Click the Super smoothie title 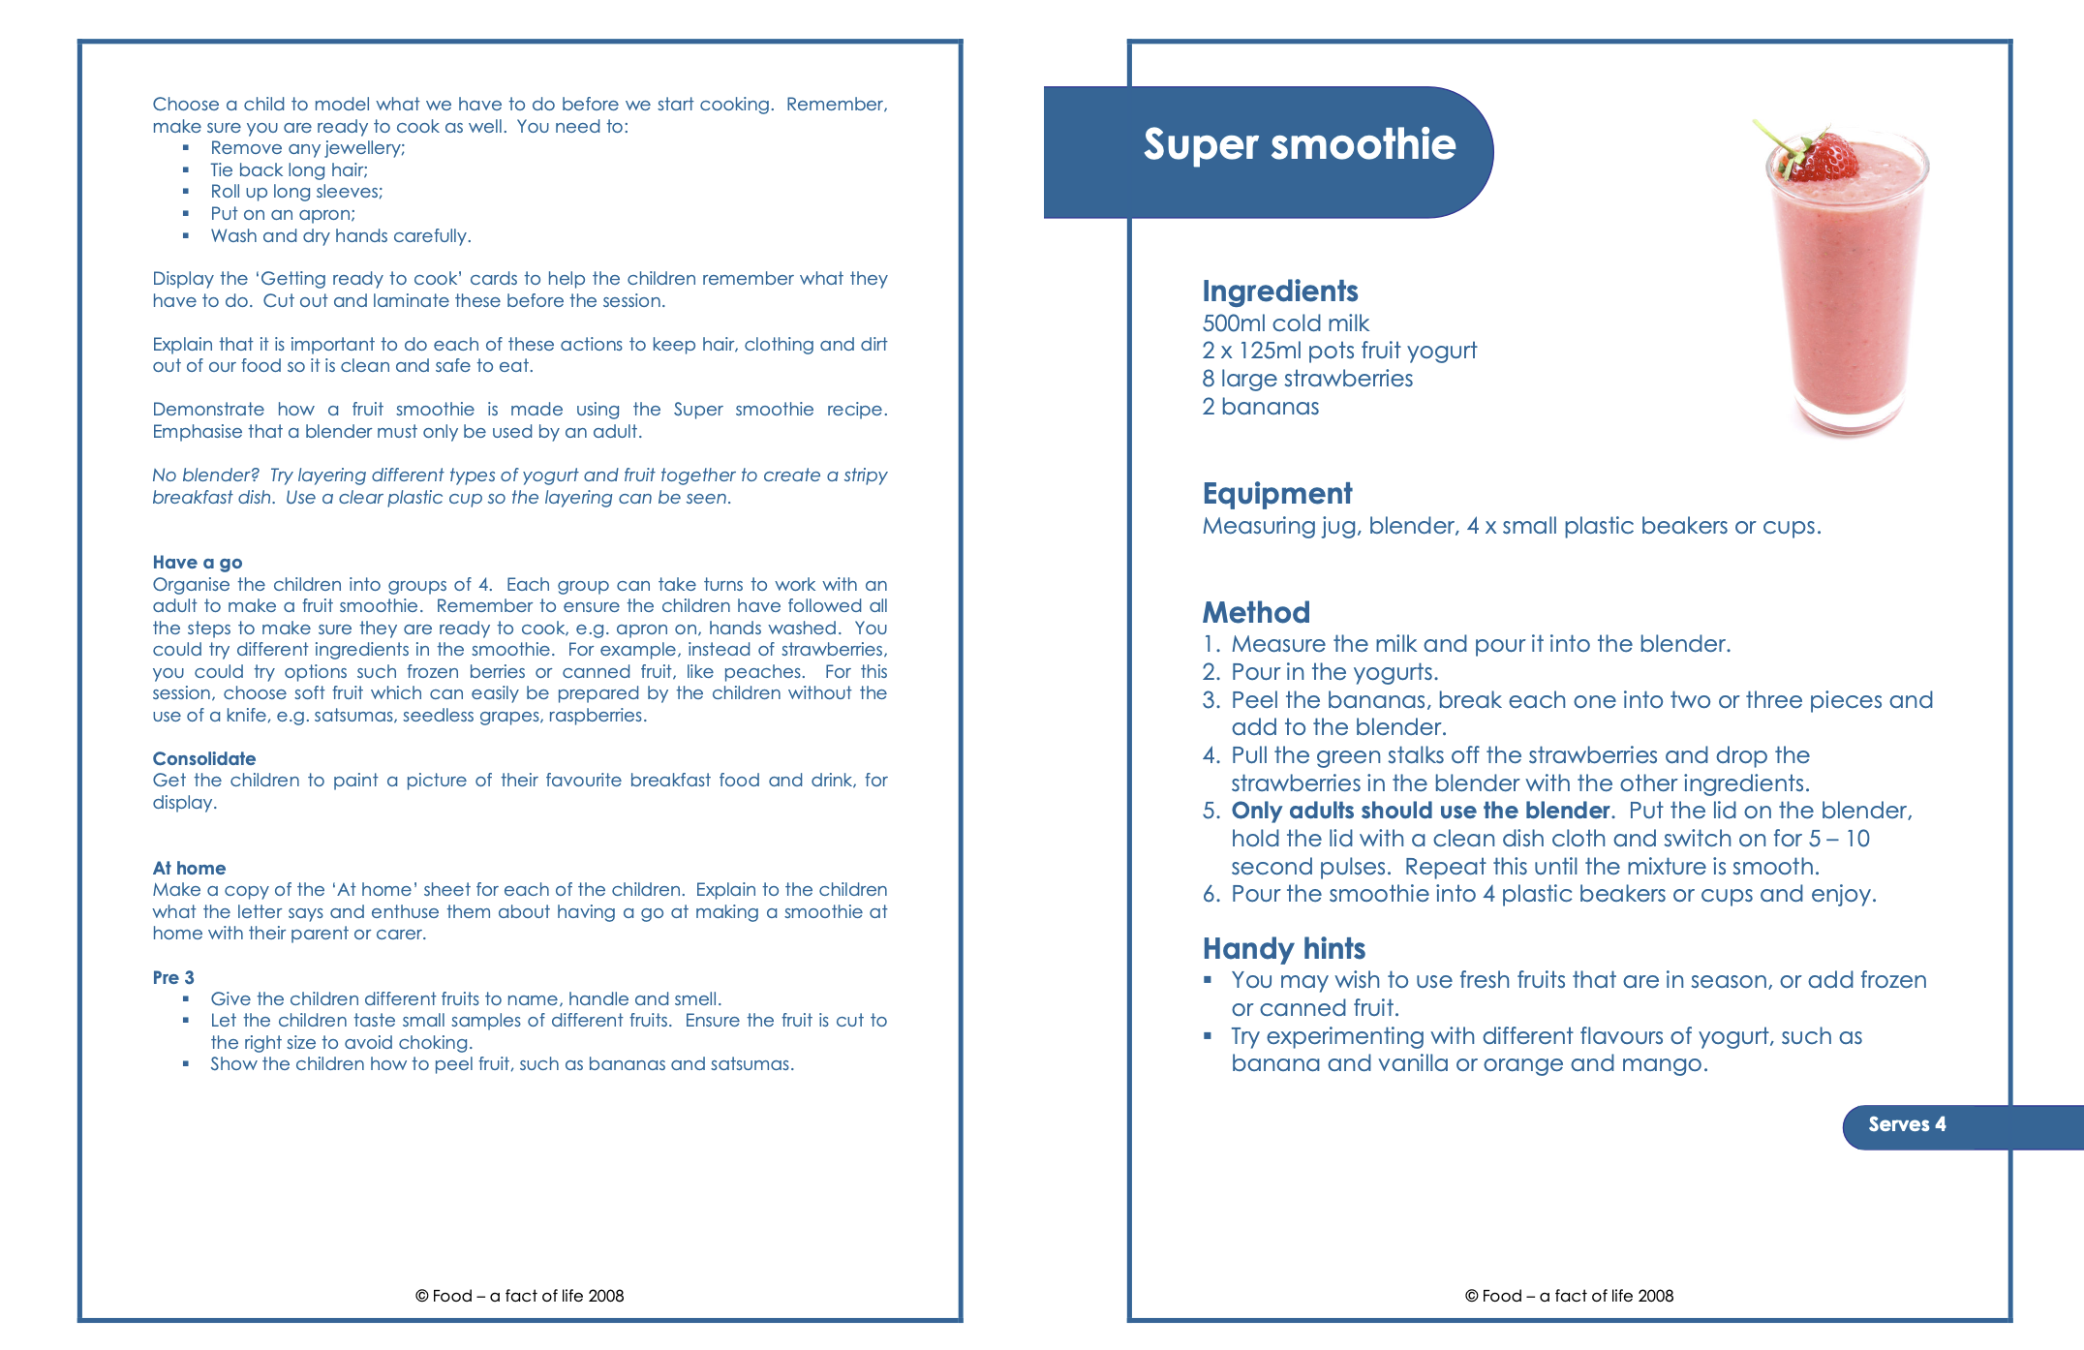coord(1299,145)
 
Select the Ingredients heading coord(1279,291)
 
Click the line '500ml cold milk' coord(1285,323)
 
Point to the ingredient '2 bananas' coord(1260,407)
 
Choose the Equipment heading coord(1276,494)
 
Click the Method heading coord(1255,613)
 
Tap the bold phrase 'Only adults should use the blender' coord(1420,811)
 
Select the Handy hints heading coord(1283,949)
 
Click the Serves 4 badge coord(1906,1124)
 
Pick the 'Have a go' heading coord(198,563)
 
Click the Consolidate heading coord(204,759)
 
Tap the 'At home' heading coord(189,869)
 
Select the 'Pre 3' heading coord(173,978)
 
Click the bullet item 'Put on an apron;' coord(283,214)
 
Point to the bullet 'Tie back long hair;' coord(289,170)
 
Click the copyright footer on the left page coord(519,1296)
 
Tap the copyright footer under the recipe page coord(1569,1296)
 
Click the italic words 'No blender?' coord(205,476)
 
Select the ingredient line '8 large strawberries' coord(1307,379)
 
